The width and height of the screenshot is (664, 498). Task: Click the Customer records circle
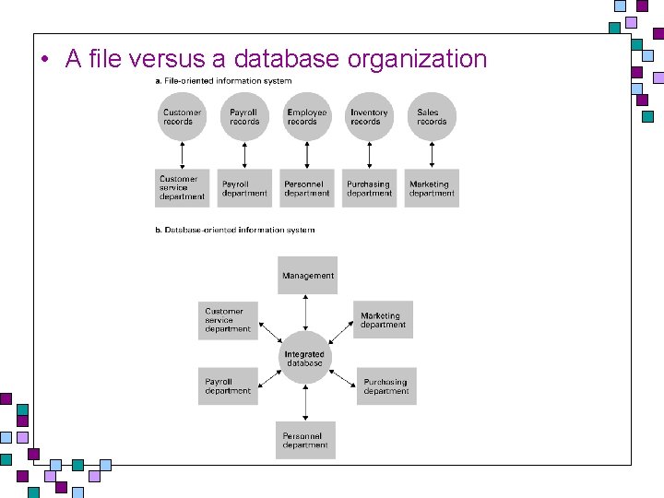[x=182, y=116]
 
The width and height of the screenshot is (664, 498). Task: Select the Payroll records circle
[x=244, y=116]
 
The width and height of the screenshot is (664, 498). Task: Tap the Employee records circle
[x=307, y=116]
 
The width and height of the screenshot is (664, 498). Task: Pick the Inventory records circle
[x=369, y=116]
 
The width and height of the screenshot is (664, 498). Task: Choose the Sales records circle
[x=432, y=116]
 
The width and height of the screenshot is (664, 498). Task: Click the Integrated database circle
[x=305, y=358]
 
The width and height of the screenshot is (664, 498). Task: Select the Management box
[x=307, y=275]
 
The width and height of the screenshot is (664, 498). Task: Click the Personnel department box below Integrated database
[x=305, y=440]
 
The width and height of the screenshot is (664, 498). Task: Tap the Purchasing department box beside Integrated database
[x=386, y=386]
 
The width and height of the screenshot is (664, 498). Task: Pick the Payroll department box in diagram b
[x=228, y=386]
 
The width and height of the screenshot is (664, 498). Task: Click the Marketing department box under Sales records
[x=432, y=188]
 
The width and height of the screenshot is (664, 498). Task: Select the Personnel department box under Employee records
[x=307, y=188]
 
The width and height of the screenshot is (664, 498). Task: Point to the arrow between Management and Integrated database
[x=305, y=313]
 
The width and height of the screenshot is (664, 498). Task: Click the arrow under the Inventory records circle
[x=369, y=156]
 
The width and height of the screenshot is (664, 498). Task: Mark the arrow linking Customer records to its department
[x=182, y=156]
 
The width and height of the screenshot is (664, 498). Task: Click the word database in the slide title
[x=286, y=58]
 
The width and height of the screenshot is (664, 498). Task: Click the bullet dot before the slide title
[x=45, y=59]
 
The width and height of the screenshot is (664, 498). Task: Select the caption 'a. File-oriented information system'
[x=223, y=81]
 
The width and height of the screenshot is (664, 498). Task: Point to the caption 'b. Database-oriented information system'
[x=235, y=230]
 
